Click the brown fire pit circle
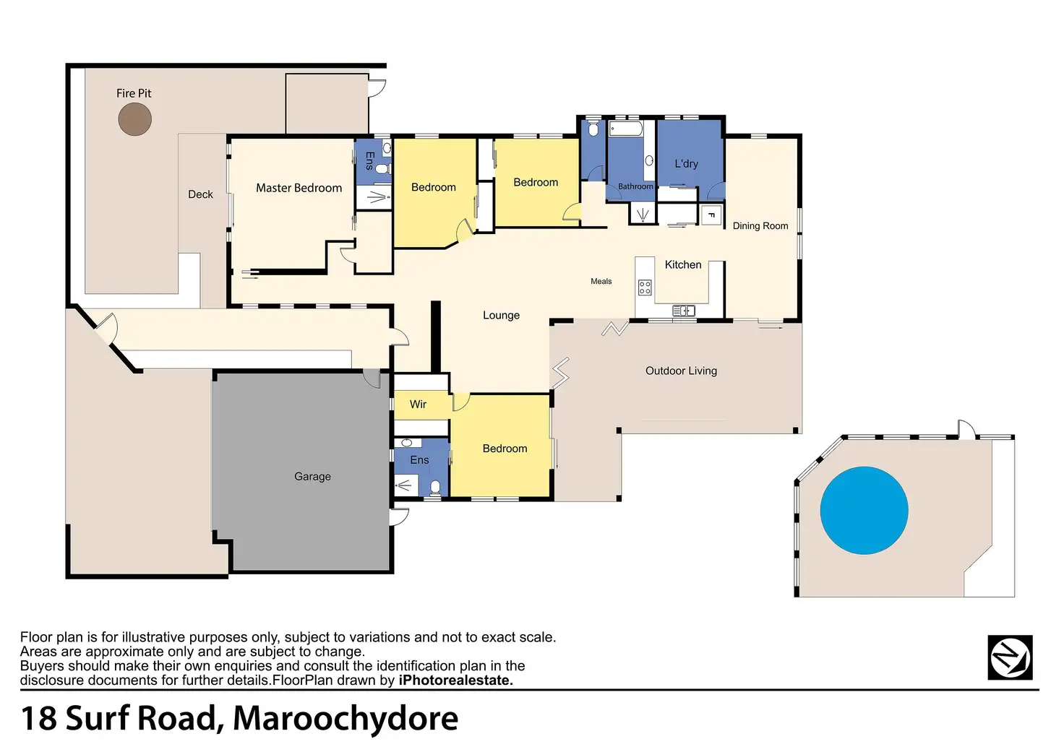pyautogui.click(x=135, y=119)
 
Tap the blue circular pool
pyautogui.click(x=864, y=510)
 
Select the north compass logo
pyautogui.click(x=1010, y=657)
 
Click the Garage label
pyautogui.click(x=312, y=476)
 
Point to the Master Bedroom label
pyautogui.click(x=299, y=188)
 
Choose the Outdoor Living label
pyautogui.click(x=681, y=371)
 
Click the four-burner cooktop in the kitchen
pyautogui.click(x=645, y=288)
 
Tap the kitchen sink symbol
pyautogui.click(x=684, y=311)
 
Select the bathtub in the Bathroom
pyautogui.click(x=626, y=129)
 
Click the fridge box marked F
pyautogui.click(x=711, y=215)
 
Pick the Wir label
pyautogui.click(x=418, y=404)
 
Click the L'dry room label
pyautogui.click(x=687, y=164)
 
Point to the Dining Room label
pyautogui.click(x=760, y=226)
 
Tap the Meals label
pyautogui.click(x=601, y=281)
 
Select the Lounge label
pyautogui.click(x=501, y=315)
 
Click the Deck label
pyautogui.click(x=200, y=194)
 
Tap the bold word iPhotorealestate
pyautogui.click(x=455, y=680)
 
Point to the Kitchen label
pyautogui.click(x=682, y=264)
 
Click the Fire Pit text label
pyautogui.click(x=134, y=93)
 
